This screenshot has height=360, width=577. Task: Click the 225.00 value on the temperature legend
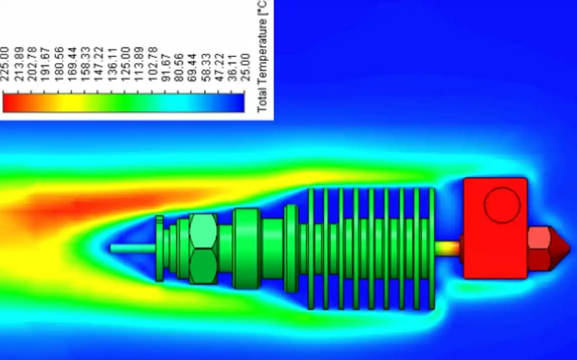pos(5,64)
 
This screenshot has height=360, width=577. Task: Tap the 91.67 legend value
pos(166,67)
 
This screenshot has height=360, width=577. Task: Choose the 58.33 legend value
pos(206,67)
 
